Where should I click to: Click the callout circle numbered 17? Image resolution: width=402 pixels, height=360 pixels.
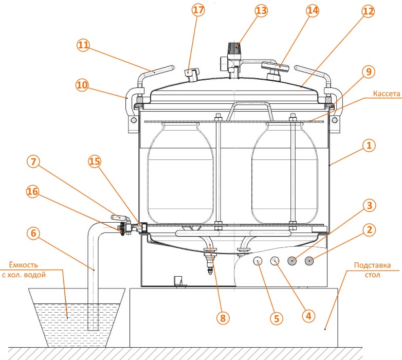[198, 10]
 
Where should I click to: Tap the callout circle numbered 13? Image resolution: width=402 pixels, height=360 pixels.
[261, 11]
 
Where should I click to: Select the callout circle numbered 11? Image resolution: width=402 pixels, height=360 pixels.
[83, 45]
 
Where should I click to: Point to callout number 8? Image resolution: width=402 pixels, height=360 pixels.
[223, 318]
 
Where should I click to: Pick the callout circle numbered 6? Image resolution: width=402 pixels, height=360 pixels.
[33, 233]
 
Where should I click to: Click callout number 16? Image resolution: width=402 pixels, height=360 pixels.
[32, 191]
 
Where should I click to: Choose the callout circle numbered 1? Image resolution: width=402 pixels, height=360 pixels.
[369, 146]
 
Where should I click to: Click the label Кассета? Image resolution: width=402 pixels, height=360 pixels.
[387, 94]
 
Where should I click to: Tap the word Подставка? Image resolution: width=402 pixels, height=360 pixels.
[372, 265]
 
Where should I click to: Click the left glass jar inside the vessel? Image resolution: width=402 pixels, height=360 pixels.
[180, 174]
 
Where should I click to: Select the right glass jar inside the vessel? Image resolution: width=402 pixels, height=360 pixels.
[285, 174]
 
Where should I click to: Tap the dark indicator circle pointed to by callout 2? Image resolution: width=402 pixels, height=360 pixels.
[309, 261]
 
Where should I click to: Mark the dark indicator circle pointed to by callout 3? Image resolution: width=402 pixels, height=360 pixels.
[292, 261]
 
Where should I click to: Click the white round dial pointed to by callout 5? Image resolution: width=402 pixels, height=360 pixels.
[258, 261]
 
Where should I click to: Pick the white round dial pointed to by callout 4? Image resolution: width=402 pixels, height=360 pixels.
[275, 261]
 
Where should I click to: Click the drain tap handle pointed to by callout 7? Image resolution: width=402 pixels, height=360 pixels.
[120, 218]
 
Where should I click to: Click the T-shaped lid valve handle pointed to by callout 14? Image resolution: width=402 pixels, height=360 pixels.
[275, 66]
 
